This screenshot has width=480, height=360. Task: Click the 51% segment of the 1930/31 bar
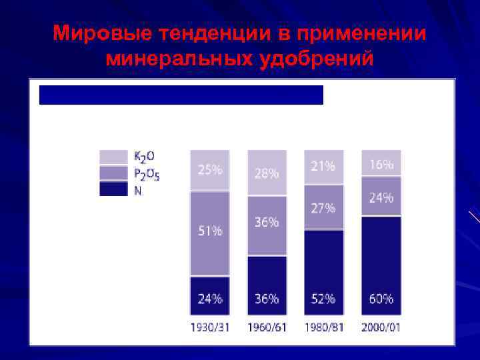click(x=209, y=233)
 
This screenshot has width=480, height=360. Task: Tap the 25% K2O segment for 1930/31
click(x=209, y=170)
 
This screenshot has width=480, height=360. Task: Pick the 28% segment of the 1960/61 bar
click(x=267, y=173)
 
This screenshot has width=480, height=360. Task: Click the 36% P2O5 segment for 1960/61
click(x=267, y=225)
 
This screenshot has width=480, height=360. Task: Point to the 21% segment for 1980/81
click(x=323, y=167)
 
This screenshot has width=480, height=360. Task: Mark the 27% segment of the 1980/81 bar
click(x=323, y=207)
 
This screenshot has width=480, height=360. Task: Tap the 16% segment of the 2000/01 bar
click(x=381, y=163)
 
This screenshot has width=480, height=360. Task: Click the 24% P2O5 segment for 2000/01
click(x=381, y=197)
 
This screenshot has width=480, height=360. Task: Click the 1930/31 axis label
click(x=209, y=328)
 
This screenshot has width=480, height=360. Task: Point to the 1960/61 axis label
click(x=267, y=328)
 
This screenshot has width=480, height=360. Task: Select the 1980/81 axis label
click(x=323, y=328)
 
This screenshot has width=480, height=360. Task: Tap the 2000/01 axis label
click(x=381, y=328)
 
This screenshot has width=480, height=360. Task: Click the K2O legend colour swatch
click(x=113, y=157)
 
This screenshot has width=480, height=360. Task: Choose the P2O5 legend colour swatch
click(x=113, y=173)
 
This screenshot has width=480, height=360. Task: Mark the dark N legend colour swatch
click(x=113, y=189)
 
